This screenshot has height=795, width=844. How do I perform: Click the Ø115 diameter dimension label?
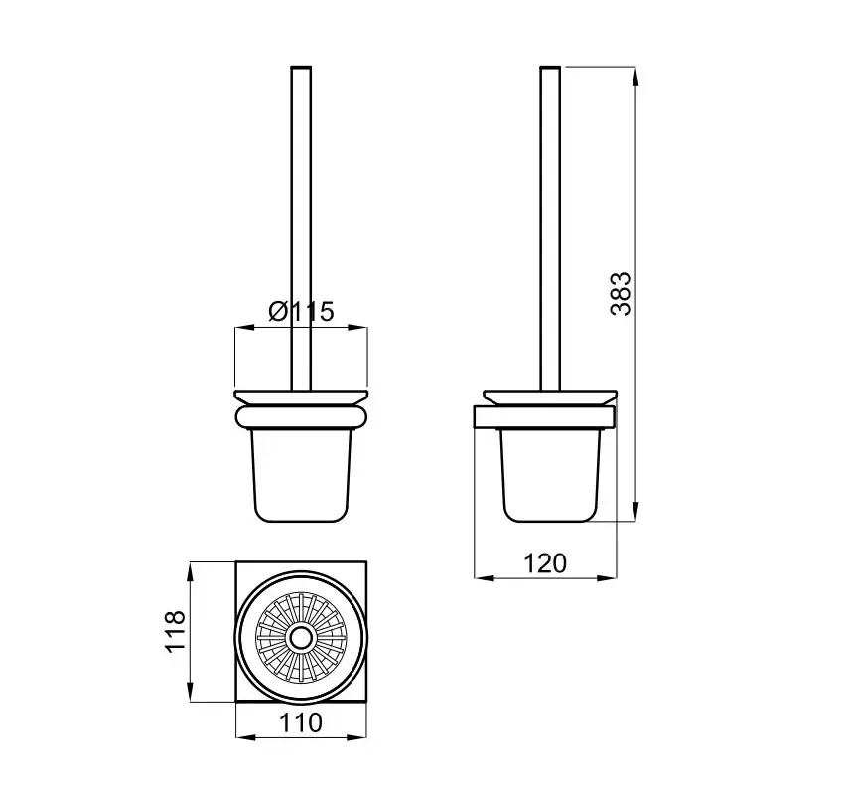click(x=302, y=311)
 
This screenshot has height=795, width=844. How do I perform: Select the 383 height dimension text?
click(x=621, y=293)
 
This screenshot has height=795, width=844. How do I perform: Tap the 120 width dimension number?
click(x=545, y=562)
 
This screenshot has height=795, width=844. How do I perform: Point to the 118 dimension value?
click(x=176, y=632)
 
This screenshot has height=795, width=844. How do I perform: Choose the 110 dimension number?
click(x=300, y=722)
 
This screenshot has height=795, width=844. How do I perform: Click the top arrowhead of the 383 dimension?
click(x=635, y=77)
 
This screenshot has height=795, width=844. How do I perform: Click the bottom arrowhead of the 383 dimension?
click(x=635, y=511)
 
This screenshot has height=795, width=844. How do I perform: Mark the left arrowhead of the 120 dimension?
click(x=485, y=578)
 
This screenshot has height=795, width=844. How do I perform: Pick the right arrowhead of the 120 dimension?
click(x=607, y=578)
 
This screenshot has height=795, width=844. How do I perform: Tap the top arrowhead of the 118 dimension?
click(x=190, y=572)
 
